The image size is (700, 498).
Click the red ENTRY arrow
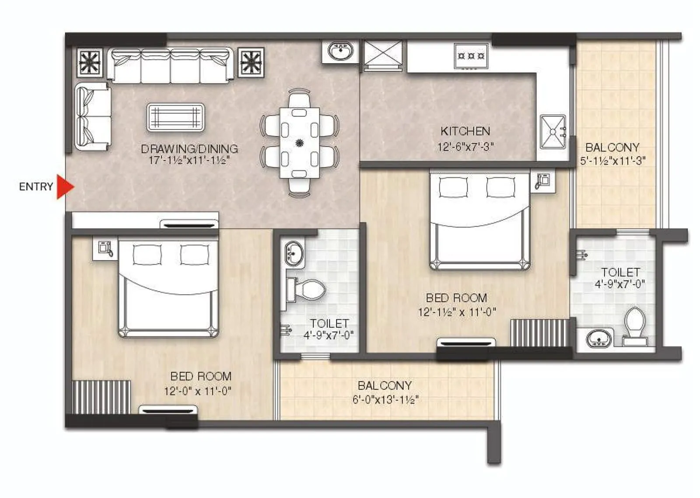click(64, 187)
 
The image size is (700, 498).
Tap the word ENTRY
click(36, 187)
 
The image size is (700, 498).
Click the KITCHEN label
click(465, 131)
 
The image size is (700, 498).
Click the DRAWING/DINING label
click(189, 149)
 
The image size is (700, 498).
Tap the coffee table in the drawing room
click(176, 117)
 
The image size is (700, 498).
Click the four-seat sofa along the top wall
click(170, 65)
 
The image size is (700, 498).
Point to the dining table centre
click(300, 142)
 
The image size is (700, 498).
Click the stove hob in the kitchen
click(471, 56)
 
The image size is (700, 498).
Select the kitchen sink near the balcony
click(553, 131)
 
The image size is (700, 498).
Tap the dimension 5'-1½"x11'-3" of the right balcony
click(612, 161)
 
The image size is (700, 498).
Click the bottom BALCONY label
click(384, 385)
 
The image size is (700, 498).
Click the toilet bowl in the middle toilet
click(308, 290)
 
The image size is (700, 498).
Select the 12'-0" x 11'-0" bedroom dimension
click(197, 391)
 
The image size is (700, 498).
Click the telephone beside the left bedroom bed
click(105, 249)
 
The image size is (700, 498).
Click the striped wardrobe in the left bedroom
click(101, 397)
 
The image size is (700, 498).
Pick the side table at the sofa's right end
click(251, 62)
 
